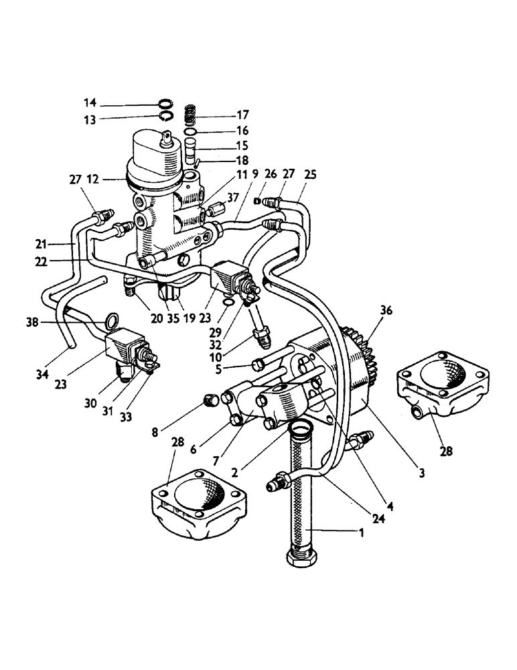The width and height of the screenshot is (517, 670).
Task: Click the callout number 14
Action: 90,103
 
